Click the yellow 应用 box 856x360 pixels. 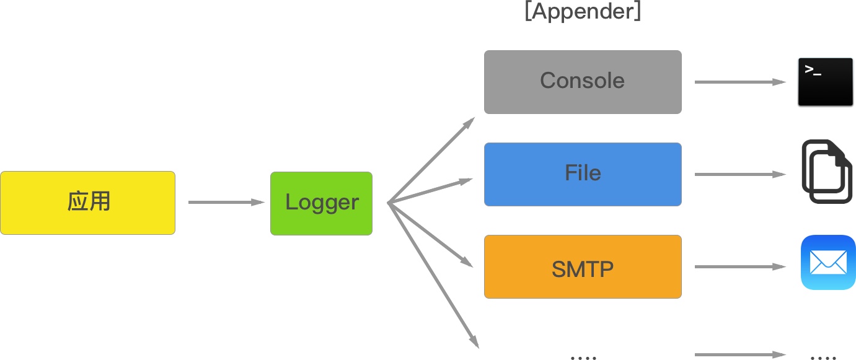87,203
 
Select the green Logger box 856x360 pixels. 321,203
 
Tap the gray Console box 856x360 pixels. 582,82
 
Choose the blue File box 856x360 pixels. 582,174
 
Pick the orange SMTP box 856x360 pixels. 582,266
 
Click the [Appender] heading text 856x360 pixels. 582,12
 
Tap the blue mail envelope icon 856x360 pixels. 828,262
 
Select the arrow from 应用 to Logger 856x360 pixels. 226,202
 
